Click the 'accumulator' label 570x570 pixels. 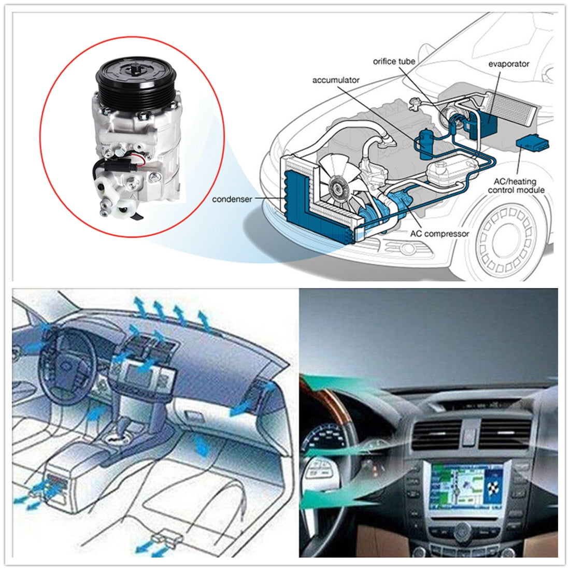(336, 80)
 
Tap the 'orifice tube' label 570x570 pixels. (394, 62)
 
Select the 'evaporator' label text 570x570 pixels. (508, 64)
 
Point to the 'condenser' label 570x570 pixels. (232, 199)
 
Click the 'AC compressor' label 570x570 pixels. (439, 234)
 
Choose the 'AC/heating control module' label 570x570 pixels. (516, 186)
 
